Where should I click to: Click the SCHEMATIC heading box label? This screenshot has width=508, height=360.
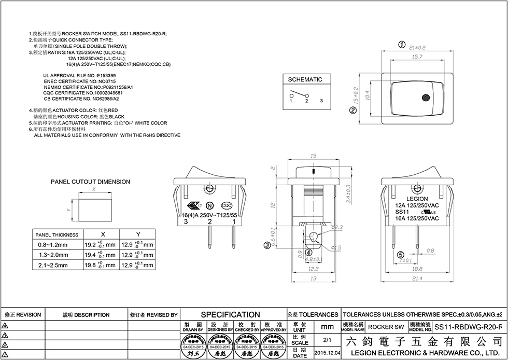(305, 79)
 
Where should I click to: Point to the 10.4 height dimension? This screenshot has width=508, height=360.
(368, 96)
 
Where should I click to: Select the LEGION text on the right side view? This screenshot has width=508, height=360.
(417, 199)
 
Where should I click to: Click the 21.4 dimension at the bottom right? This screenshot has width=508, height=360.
(417, 279)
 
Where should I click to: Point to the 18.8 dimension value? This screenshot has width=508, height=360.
(417, 270)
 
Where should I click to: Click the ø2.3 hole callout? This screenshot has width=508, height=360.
(337, 227)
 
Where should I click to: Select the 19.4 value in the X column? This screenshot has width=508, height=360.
(90, 255)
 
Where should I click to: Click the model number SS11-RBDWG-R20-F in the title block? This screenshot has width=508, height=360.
(468, 328)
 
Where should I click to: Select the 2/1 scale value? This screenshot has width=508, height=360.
(327, 340)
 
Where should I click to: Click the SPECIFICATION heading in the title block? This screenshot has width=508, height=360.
(230, 314)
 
